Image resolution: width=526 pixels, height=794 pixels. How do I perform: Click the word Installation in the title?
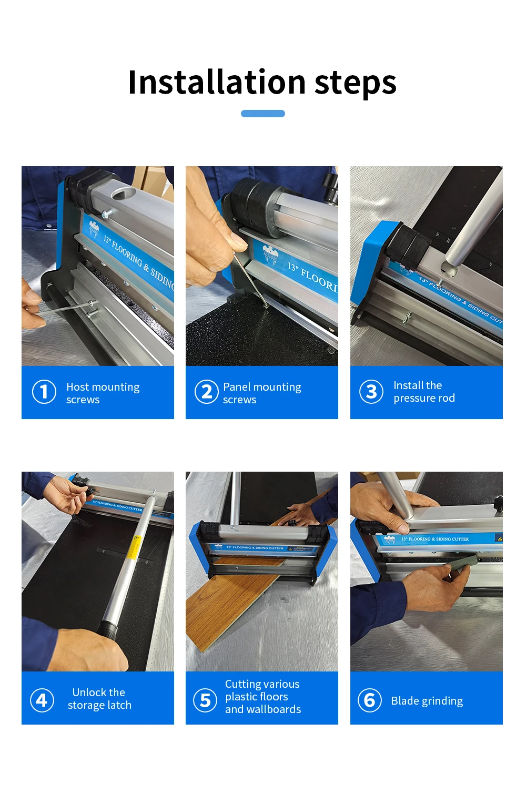point(217,83)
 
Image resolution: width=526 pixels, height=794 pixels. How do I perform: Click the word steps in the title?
point(355,84)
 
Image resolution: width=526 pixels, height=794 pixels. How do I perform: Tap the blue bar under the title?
point(262,114)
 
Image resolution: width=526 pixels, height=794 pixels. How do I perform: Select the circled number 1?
point(44,392)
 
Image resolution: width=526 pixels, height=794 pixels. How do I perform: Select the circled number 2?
point(206,392)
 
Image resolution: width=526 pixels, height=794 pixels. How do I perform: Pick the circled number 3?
point(371,392)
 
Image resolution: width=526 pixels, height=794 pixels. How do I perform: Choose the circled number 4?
point(42,700)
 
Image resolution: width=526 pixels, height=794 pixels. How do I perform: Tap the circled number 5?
point(205,700)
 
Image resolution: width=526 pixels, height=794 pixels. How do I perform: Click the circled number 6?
point(370,700)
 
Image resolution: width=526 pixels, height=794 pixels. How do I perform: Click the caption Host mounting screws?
point(103,393)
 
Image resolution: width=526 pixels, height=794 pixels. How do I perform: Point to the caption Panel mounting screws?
point(262,393)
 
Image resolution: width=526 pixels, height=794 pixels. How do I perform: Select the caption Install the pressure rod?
point(424,392)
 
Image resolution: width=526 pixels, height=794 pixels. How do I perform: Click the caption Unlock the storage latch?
point(99,699)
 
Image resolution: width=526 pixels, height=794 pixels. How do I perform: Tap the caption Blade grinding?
point(427,701)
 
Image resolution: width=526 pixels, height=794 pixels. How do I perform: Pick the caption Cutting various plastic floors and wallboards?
point(263,697)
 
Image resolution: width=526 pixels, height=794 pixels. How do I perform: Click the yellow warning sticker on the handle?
point(134,547)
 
